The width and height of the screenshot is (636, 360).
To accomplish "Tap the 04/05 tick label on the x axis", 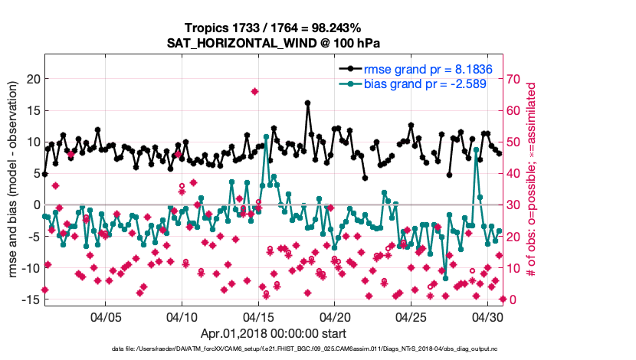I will tap(106, 316).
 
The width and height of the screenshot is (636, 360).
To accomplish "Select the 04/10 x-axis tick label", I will tap(182, 316).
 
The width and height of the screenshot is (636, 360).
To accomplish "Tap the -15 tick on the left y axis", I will tap(31, 299).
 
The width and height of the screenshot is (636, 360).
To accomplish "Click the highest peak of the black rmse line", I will tap(307, 103).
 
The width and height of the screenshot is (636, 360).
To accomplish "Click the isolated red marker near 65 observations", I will tap(254, 91).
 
